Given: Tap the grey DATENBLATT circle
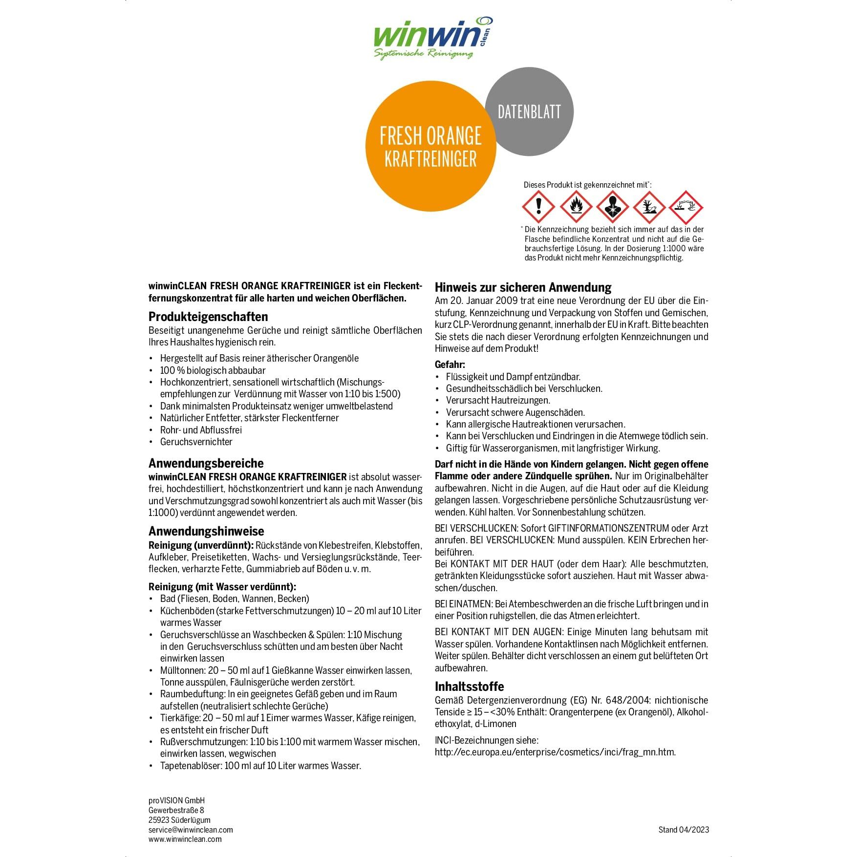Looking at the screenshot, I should tap(529, 111).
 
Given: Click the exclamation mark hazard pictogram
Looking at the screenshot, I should tap(538, 207).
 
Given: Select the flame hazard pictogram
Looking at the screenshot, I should tap(576, 207).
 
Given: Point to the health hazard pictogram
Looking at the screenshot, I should tap(612, 207).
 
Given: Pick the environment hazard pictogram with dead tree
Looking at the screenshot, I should tap(649, 207).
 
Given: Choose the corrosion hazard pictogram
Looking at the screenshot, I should tap(686, 207).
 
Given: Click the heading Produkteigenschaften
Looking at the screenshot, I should tap(208, 317).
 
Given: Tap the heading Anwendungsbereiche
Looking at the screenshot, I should tap(206, 463).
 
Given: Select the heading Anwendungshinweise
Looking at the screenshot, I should tap(206, 531).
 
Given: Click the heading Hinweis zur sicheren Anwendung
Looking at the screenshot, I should tap(523, 287).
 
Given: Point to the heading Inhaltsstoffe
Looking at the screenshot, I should tap(469, 686).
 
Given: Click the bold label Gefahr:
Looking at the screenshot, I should tap(450, 364).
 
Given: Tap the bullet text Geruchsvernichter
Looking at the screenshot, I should tap(196, 442).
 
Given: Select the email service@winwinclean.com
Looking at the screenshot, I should tap(191, 830).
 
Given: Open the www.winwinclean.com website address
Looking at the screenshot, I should tap(185, 839).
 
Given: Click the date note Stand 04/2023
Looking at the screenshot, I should tap(684, 830).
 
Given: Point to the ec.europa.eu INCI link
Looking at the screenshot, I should tap(555, 752).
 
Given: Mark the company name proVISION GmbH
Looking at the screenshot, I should tap(176, 800).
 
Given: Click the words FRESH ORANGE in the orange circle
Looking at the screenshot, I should tap(430, 136).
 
